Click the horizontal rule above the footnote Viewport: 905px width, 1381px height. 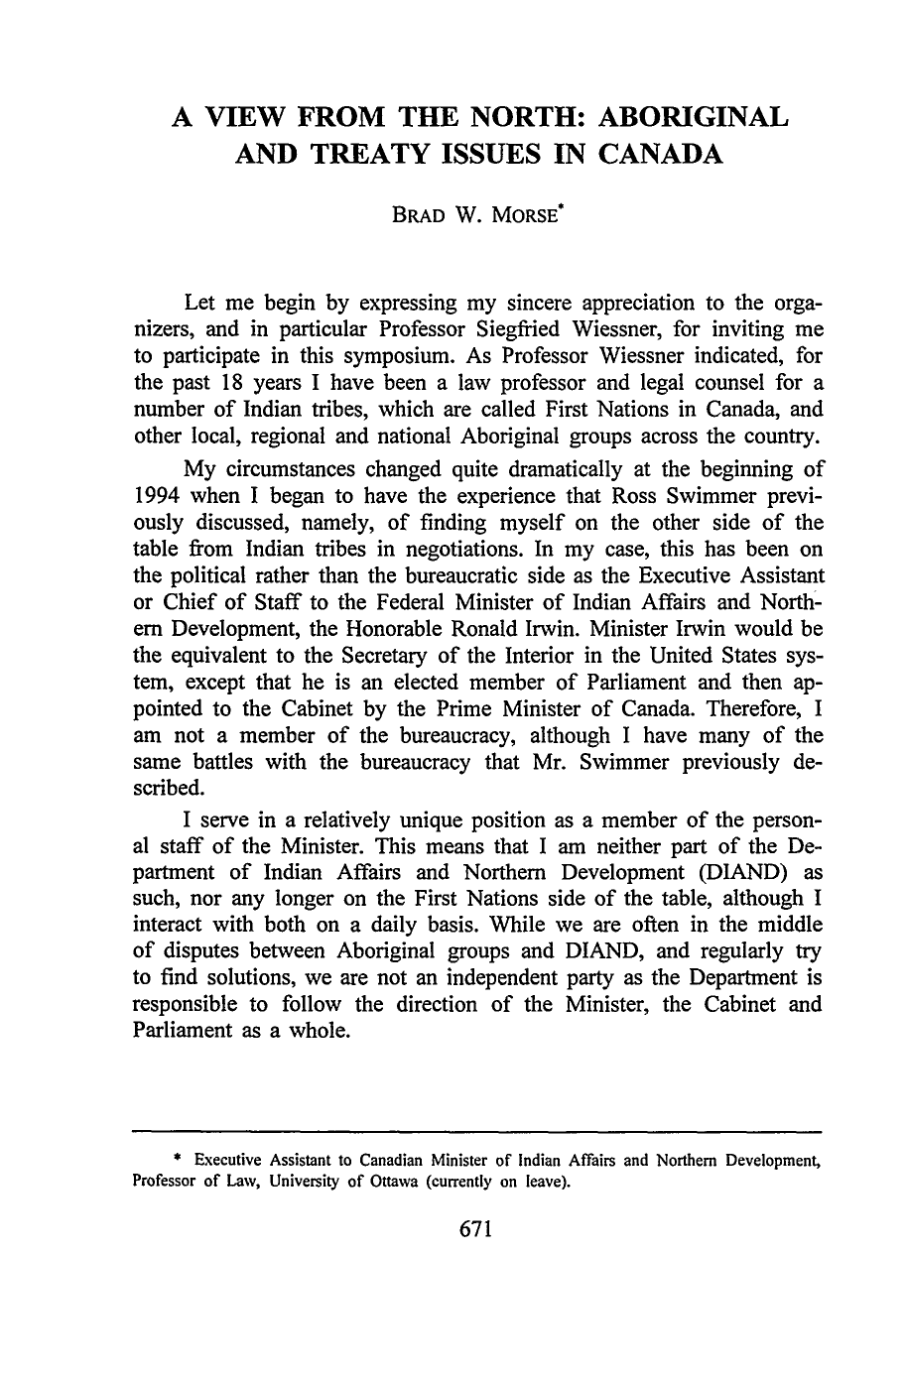click(x=476, y=1131)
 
